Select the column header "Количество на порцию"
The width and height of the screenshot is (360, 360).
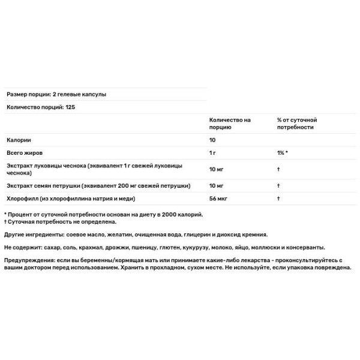pyautogui.click(x=230, y=124)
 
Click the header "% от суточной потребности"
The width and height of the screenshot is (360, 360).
pyautogui.click(x=297, y=124)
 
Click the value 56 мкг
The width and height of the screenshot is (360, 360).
pyautogui.click(x=218, y=198)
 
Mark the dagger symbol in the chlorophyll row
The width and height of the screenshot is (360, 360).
pyautogui.click(x=279, y=198)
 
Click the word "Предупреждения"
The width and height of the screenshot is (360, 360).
pyautogui.click(x=29, y=260)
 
